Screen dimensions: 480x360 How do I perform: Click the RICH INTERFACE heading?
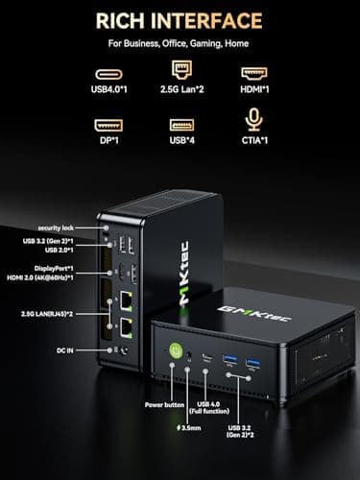point(180,20)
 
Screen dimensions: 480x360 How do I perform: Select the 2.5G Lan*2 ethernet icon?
point(180,70)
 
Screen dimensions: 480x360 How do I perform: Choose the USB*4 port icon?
point(180,126)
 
